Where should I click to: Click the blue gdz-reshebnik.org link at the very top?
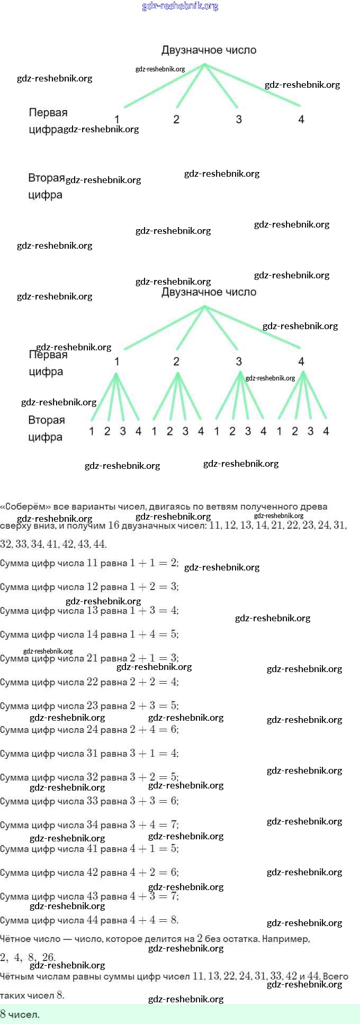180,6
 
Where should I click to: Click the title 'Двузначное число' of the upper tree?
209,50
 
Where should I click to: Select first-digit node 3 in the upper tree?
239,120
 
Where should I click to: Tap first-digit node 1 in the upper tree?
117,120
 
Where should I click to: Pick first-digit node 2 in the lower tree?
176,361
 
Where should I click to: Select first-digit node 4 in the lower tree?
301,361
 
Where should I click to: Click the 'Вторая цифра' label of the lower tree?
46,428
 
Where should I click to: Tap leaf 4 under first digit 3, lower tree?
263,431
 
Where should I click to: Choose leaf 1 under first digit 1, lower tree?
92,431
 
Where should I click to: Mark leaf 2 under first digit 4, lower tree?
295,431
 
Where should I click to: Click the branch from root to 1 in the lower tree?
164,328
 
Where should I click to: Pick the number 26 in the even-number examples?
48,957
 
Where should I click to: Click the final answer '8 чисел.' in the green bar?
20,1014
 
